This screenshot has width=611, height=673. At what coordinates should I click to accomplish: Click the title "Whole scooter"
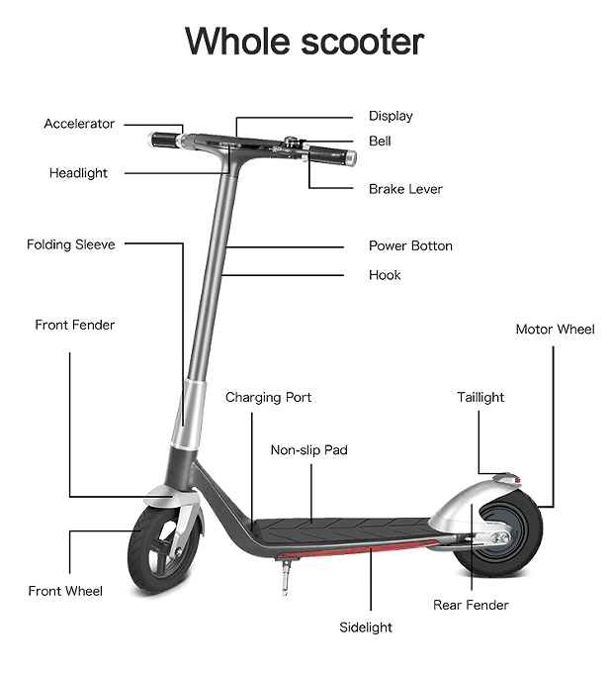pos(305,42)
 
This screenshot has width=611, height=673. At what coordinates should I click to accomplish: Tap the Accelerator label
pos(79,124)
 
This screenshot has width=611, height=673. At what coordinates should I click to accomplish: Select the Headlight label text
pos(78,173)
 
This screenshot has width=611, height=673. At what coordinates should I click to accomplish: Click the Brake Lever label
pos(405,189)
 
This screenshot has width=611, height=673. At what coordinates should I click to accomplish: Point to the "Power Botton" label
pos(410,245)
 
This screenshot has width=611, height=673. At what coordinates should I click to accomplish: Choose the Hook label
pos(385,275)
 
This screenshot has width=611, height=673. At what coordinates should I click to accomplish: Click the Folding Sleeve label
pos(71,244)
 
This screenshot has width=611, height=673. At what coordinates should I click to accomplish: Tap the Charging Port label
pos(268,398)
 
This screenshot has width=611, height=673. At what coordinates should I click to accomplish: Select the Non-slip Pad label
pos(308,450)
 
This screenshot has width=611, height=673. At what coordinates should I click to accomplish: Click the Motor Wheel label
pos(555,330)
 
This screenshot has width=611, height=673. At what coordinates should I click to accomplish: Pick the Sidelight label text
pos(366,627)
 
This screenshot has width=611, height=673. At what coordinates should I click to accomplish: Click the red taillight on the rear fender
pos(517,479)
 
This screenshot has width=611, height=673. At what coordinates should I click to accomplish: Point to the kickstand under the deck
pos(285,576)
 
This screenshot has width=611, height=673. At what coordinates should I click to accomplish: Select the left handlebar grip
pos(164,140)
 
